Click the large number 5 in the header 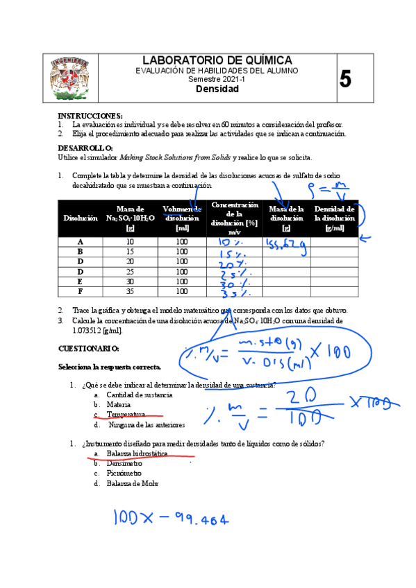345,79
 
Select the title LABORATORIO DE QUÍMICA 217,61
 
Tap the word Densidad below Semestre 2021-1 217,89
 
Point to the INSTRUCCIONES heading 90,115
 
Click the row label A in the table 81,242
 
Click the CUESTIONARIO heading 89,348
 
